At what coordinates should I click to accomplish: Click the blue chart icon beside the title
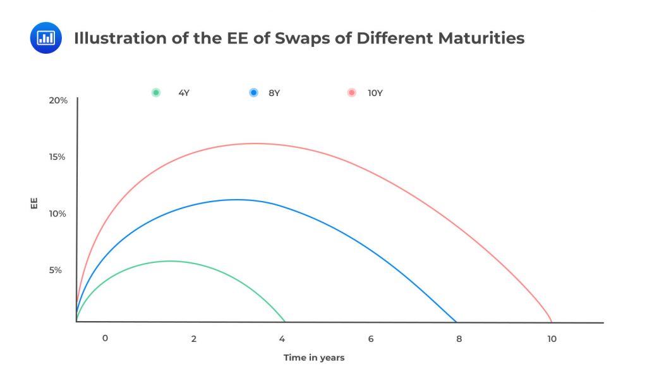[45, 38]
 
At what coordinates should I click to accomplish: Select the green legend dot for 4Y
[156, 93]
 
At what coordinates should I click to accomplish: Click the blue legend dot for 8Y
[253, 93]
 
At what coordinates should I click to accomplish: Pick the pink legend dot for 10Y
[352, 93]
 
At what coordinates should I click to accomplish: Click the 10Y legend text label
[375, 93]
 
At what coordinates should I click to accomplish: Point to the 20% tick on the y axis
[57, 100]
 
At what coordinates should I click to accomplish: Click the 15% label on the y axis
[57, 157]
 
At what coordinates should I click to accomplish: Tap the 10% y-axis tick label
[57, 214]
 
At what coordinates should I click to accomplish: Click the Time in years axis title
[314, 358]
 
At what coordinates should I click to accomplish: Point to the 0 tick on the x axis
[105, 339]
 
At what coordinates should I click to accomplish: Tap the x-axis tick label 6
[371, 339]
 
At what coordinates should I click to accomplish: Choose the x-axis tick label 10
[552, 339]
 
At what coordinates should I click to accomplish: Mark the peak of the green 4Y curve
[169, 261]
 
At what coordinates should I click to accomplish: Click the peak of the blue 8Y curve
[236, 200]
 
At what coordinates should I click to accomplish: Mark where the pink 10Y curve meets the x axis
[552, 322]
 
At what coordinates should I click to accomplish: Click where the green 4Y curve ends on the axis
[285, 322]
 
